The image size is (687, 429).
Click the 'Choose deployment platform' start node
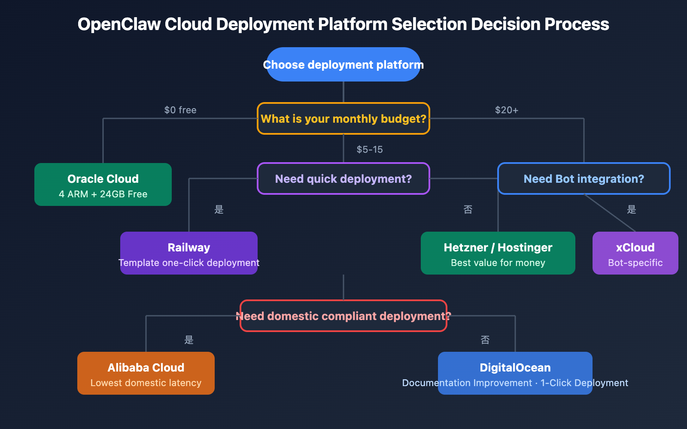click(343, 65)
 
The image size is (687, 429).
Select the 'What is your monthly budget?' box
click(343, 119)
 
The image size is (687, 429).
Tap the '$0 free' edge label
click(180, 110)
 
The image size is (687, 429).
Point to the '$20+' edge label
click(506, 110)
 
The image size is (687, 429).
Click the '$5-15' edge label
click(369, 150)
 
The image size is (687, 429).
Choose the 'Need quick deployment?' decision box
click(343, 179)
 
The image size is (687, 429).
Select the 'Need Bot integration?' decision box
click(584, 179)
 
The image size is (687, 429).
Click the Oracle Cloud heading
click(103, 179)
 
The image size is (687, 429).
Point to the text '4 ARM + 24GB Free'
click(103, 194)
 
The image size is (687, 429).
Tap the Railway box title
click(189, 248)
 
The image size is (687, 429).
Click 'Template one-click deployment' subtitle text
click(189, 263)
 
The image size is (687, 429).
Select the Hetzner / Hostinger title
click(498, 248)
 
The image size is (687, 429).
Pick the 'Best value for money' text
click(498, 263)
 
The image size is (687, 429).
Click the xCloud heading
click(635, 248)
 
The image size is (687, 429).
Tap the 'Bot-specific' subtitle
click(635, 263)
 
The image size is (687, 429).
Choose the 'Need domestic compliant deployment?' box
click(343, 316)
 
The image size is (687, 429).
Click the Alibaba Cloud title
click(146, 368)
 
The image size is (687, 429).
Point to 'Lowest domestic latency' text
click(146, 383)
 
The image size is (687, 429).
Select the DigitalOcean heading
click(515, 368)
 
